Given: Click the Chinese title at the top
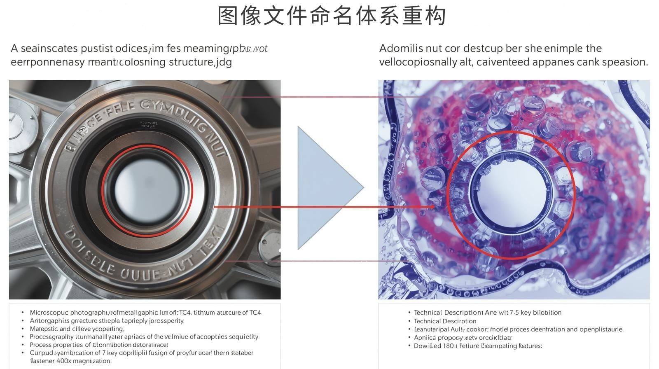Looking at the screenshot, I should tap(332, 16).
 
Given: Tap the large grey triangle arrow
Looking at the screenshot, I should tap(325, 188).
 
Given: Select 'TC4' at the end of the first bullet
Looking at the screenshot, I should tap(255, 313).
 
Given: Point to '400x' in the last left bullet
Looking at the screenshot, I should tap(64, 361).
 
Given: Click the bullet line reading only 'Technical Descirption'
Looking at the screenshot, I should tap(445, 321).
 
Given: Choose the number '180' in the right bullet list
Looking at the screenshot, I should tap(448, 346).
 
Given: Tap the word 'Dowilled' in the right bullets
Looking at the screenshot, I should tap(428, 346).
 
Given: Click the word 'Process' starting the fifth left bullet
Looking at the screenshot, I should tap(40, 345).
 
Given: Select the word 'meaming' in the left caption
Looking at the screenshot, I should tap(206, 49).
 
